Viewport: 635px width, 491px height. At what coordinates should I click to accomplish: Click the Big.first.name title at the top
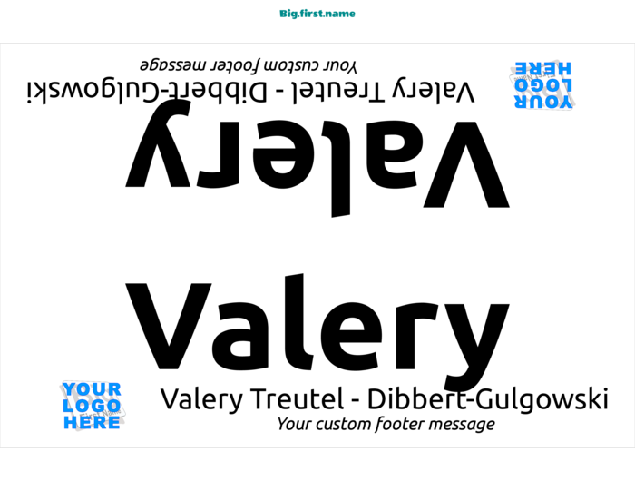click(317, 14)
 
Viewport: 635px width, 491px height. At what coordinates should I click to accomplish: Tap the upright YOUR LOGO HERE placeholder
click(92, 406)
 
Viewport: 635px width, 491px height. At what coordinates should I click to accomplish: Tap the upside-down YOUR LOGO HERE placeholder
click(542, 85)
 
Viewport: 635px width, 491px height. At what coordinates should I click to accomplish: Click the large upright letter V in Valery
click(169, 326)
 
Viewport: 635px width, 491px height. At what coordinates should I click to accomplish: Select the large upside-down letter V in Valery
click(466, 164)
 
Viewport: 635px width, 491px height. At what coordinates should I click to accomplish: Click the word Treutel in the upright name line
click(297, 398)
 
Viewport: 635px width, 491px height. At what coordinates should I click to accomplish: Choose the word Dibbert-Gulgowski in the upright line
click(488, 399)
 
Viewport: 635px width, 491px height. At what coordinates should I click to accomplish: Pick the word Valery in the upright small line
click(201, 399)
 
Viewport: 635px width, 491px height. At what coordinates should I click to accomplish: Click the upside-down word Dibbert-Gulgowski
click(147, 92)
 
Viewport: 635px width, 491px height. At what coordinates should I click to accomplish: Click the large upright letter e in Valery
click(352, 336)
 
